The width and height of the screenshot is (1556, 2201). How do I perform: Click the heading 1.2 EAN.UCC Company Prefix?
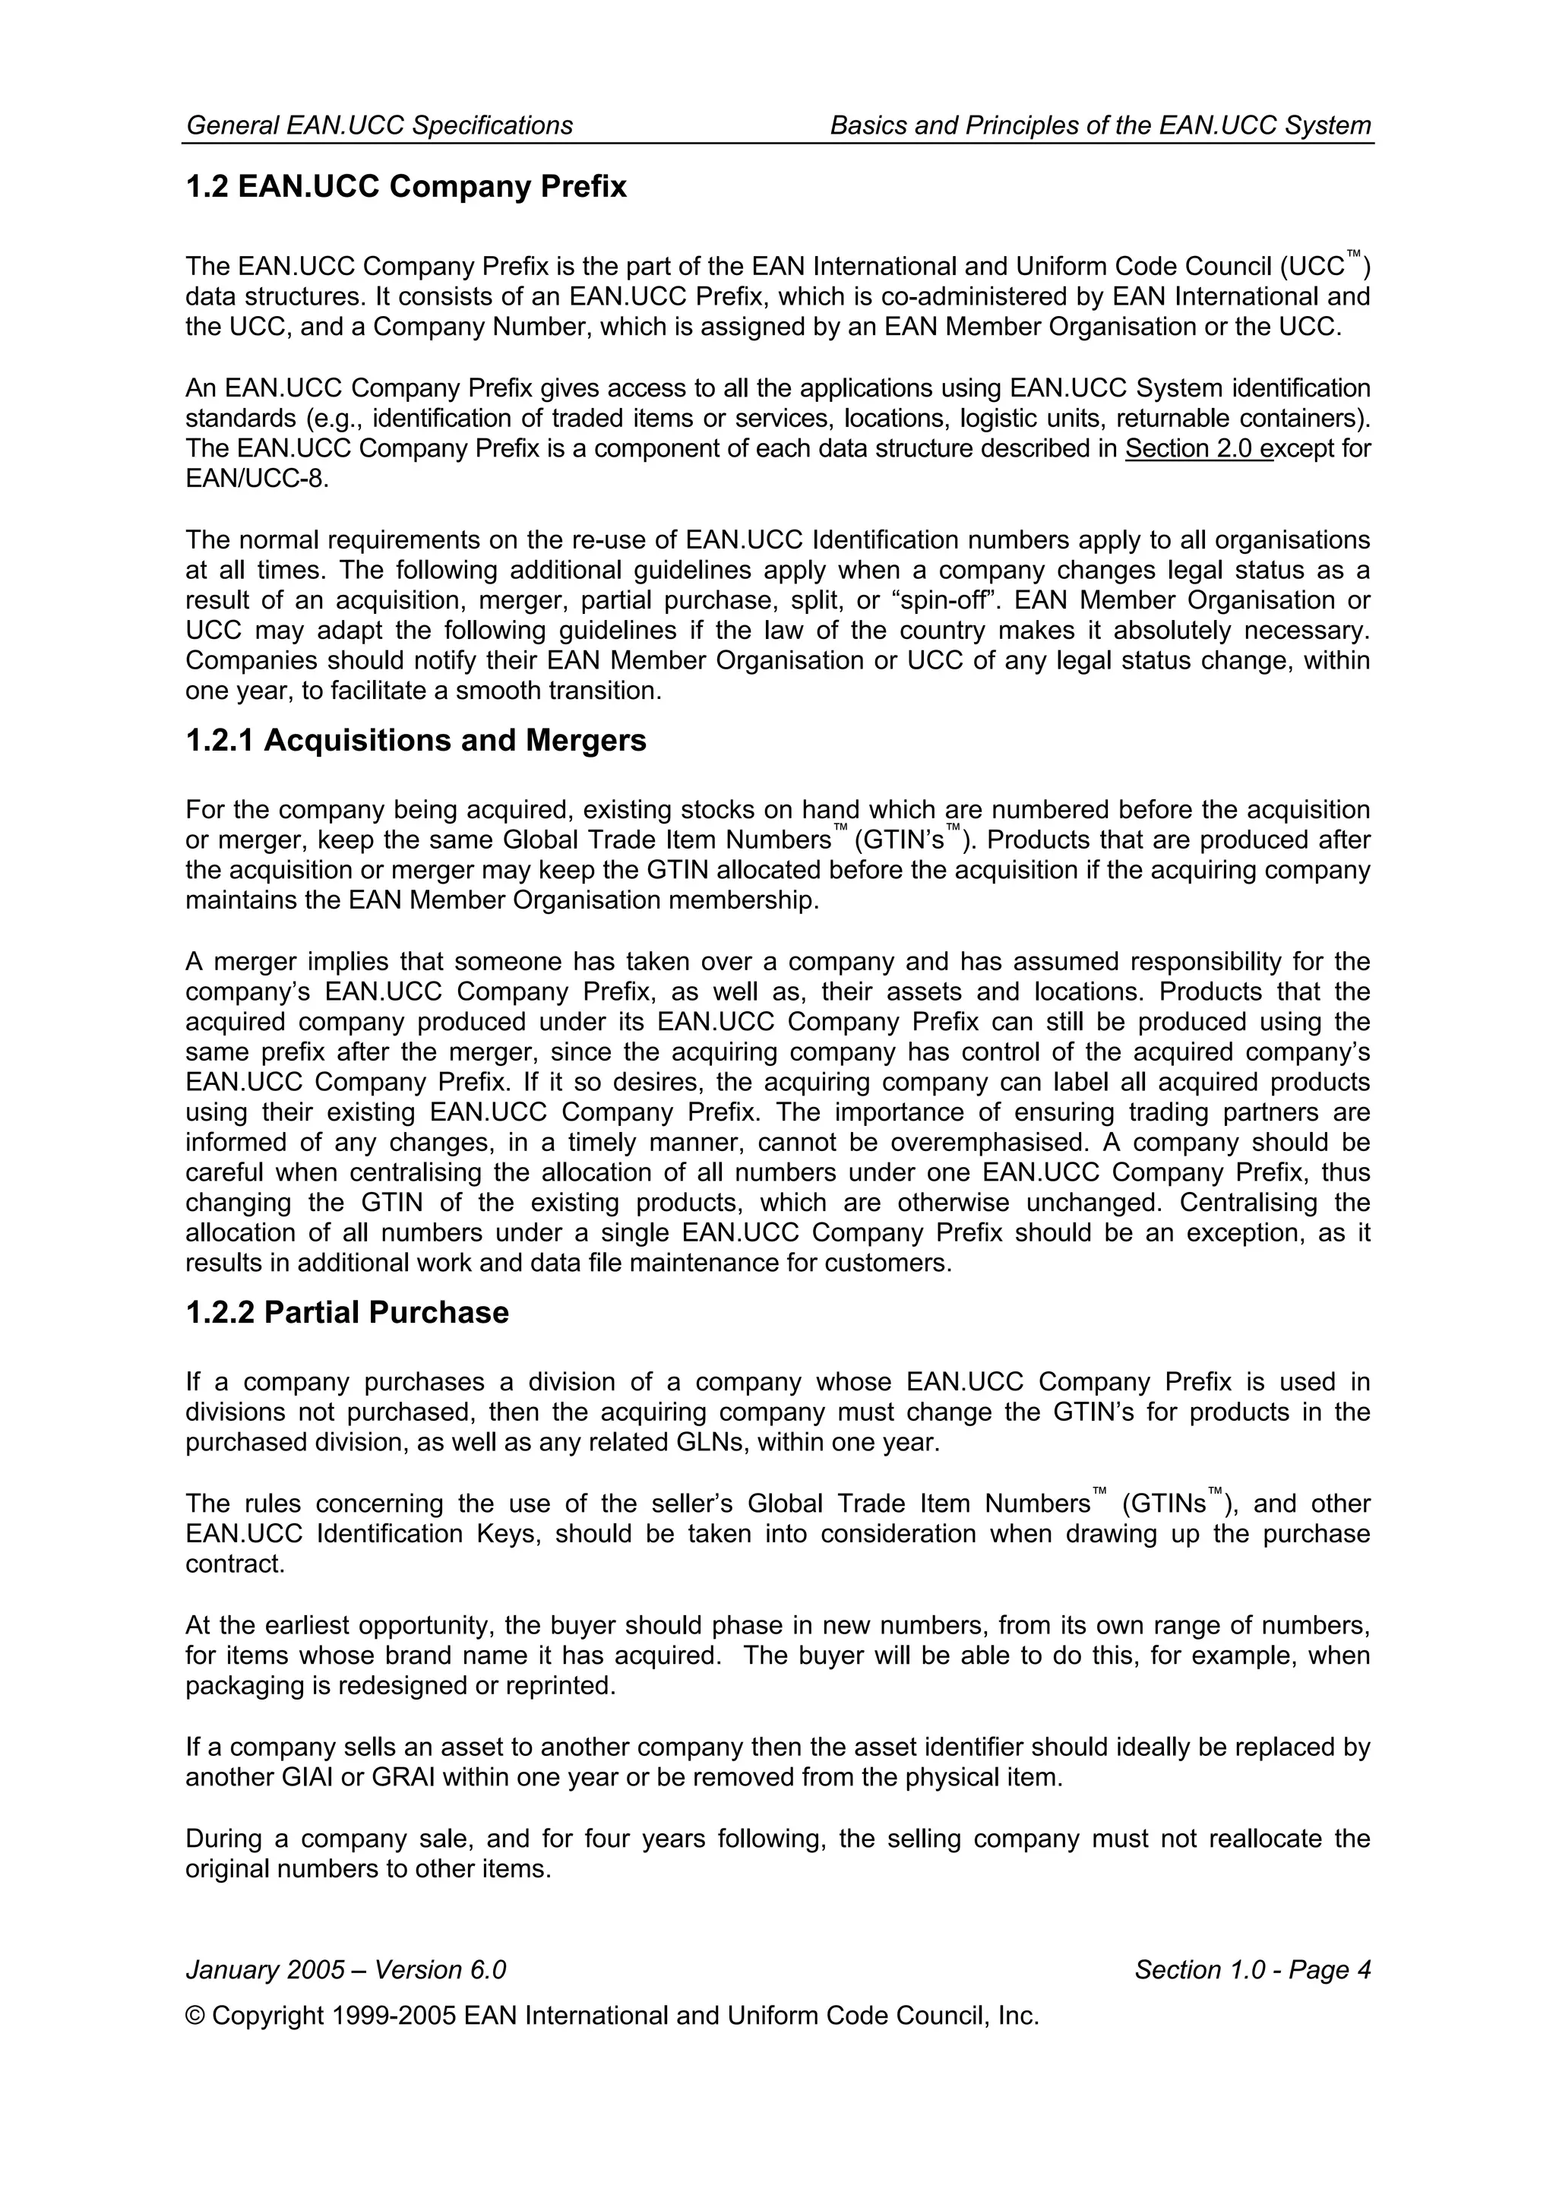point(406,186)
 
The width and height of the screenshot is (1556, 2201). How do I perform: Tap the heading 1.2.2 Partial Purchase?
point(346,1312)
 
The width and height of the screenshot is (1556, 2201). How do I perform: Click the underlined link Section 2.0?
point(1197,449)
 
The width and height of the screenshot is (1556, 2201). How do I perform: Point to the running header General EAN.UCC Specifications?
point(380,125)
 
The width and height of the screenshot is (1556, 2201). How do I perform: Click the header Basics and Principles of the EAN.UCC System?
point(1099,125)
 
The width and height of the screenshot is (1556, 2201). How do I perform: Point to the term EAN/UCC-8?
point(256,479)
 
